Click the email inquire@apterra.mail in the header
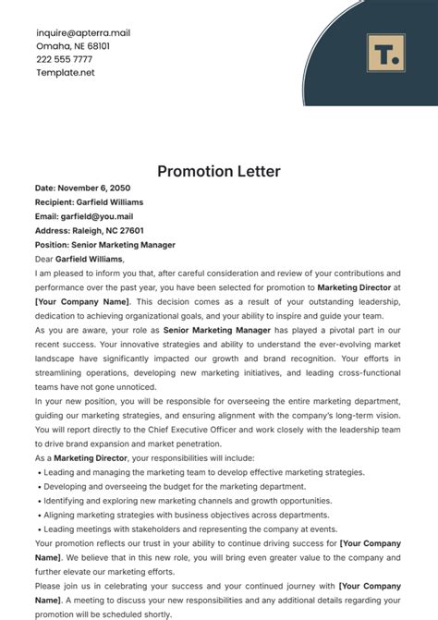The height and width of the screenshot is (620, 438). (x=82, y=32)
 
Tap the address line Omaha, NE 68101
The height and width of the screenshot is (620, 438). (x=72, y=45)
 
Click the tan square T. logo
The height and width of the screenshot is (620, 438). (x=383, y=52)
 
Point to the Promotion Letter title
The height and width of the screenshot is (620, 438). (x=218, y=171)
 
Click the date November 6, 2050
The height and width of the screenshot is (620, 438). (x=103, y=188)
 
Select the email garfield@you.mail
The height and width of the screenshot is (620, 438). (x=104, y=216)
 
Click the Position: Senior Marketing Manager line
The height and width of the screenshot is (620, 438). (x=103, y=245)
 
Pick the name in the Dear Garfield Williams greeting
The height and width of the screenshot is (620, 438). (x=99, y=260)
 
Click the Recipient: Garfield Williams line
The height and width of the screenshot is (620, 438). (x=89, y=202)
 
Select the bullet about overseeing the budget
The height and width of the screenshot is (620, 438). (x=172, y=486)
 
